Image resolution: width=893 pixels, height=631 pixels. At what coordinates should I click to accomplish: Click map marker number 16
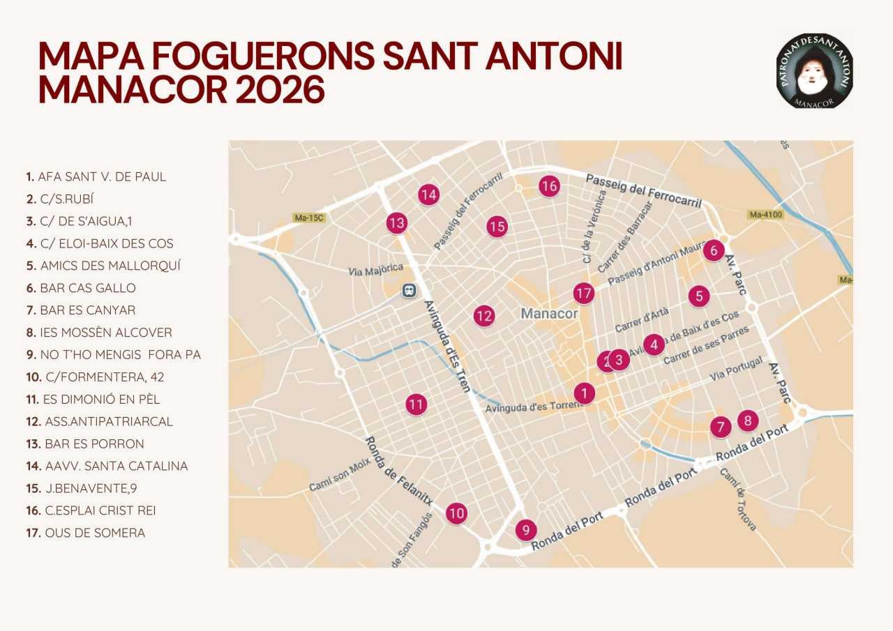tap(549, 185)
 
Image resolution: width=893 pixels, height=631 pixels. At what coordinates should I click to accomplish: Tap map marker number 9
tap(526, 530)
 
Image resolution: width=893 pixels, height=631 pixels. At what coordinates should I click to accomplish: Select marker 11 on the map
tap(417, 404)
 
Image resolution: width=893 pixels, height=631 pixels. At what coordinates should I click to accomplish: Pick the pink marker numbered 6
tap(713, 250)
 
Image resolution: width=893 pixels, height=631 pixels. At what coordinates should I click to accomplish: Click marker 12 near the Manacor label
tap(483, 316)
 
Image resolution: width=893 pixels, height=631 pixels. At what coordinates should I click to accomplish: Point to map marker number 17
tap(583, 294)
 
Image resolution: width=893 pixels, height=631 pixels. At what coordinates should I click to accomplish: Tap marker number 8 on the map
tap(748, 420)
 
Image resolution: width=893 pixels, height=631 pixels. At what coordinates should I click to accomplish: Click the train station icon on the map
tap(409, 290)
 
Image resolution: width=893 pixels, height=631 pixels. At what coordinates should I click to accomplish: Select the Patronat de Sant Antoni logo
tap(814, 70)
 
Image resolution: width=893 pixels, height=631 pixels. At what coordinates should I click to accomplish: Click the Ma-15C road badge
tap(309, 218)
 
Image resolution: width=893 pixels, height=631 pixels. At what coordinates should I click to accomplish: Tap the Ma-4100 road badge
tap(765, 214)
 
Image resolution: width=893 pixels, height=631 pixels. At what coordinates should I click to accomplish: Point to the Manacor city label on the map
tap(549, 313)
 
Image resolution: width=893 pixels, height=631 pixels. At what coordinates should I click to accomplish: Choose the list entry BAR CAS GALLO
tap(87, 288)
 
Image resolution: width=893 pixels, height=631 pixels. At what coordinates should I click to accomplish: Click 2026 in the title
tap(280, 90)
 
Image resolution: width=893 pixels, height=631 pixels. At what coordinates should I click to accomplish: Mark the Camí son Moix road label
tap(340, 475)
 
